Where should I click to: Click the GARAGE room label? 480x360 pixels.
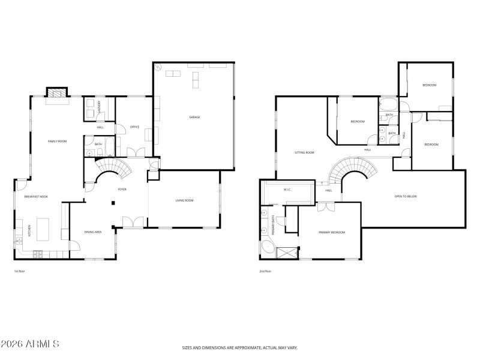194,117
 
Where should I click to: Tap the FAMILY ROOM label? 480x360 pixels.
58,141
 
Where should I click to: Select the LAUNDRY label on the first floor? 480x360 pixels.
100,107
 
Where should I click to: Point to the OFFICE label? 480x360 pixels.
135,127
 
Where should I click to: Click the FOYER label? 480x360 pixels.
122,189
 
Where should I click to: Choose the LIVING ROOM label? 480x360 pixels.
184,200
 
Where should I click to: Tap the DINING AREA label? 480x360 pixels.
92,232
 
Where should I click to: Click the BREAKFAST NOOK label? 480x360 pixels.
35,197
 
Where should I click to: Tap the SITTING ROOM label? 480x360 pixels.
305,152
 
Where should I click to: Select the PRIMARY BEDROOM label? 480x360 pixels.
331,232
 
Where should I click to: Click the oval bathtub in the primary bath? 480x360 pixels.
267,249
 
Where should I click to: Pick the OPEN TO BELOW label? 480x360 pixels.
406,196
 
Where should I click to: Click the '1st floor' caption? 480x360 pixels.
19,271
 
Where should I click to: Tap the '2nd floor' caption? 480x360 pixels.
265,271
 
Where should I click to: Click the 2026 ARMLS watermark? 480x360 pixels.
30,344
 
